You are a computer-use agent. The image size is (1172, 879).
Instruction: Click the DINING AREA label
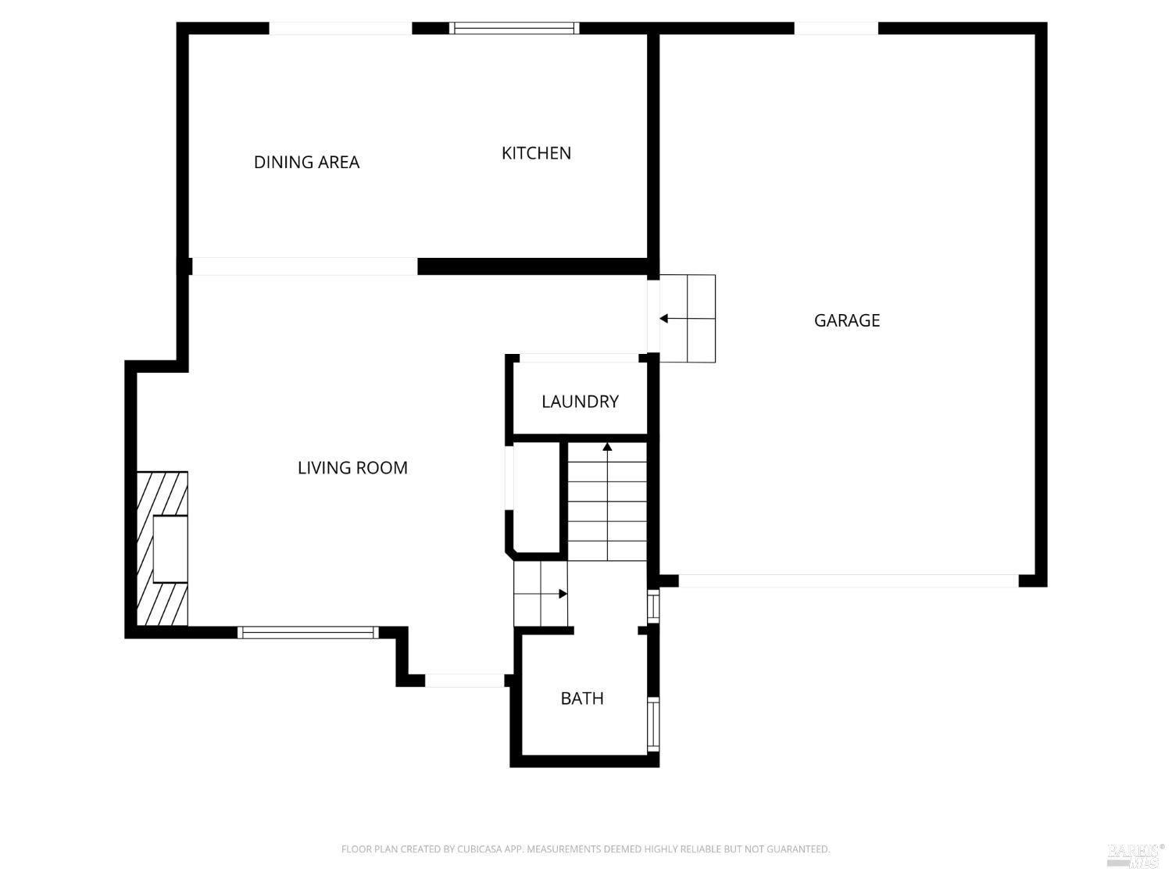[x=306, y=162]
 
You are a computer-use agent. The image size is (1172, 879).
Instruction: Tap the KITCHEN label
[x=536, y=153]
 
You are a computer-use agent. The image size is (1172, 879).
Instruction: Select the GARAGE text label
[x=847, y=320]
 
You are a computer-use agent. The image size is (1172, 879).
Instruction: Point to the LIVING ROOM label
[x=352, y=468]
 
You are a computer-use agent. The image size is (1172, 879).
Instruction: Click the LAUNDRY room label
[x=580, y=402]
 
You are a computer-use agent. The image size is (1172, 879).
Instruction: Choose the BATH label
[x=582, y=699]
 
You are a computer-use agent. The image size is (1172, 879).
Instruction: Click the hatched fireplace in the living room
[x=163, y=548]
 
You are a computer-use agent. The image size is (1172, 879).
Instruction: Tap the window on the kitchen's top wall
[x=514, y=28]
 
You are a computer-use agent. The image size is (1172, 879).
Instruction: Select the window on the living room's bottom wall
[x=308, y=633]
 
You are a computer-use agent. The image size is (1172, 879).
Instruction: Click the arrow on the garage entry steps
[x=664, y=319]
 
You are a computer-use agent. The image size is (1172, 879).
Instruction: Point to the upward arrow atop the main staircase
[x=607, y=447]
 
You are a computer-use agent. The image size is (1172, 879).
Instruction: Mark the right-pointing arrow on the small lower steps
[x=563, y=594]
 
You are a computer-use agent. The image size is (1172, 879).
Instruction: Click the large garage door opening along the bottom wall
[x=849, y=581]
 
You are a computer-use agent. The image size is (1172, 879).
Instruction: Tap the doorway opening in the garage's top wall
[x=836, y=29]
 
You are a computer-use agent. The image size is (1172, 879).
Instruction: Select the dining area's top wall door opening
[x=341, y=29]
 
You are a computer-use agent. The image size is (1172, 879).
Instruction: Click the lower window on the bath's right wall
[x=653, y=724]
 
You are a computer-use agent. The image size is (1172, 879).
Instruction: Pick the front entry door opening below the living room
[x=464, y=681]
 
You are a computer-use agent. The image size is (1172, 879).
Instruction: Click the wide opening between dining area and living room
[x=305, y=266]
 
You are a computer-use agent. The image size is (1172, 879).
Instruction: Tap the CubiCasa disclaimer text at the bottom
[x=585, y=849]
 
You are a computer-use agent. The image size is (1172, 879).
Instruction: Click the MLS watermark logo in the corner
[x=1134, y=855]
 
